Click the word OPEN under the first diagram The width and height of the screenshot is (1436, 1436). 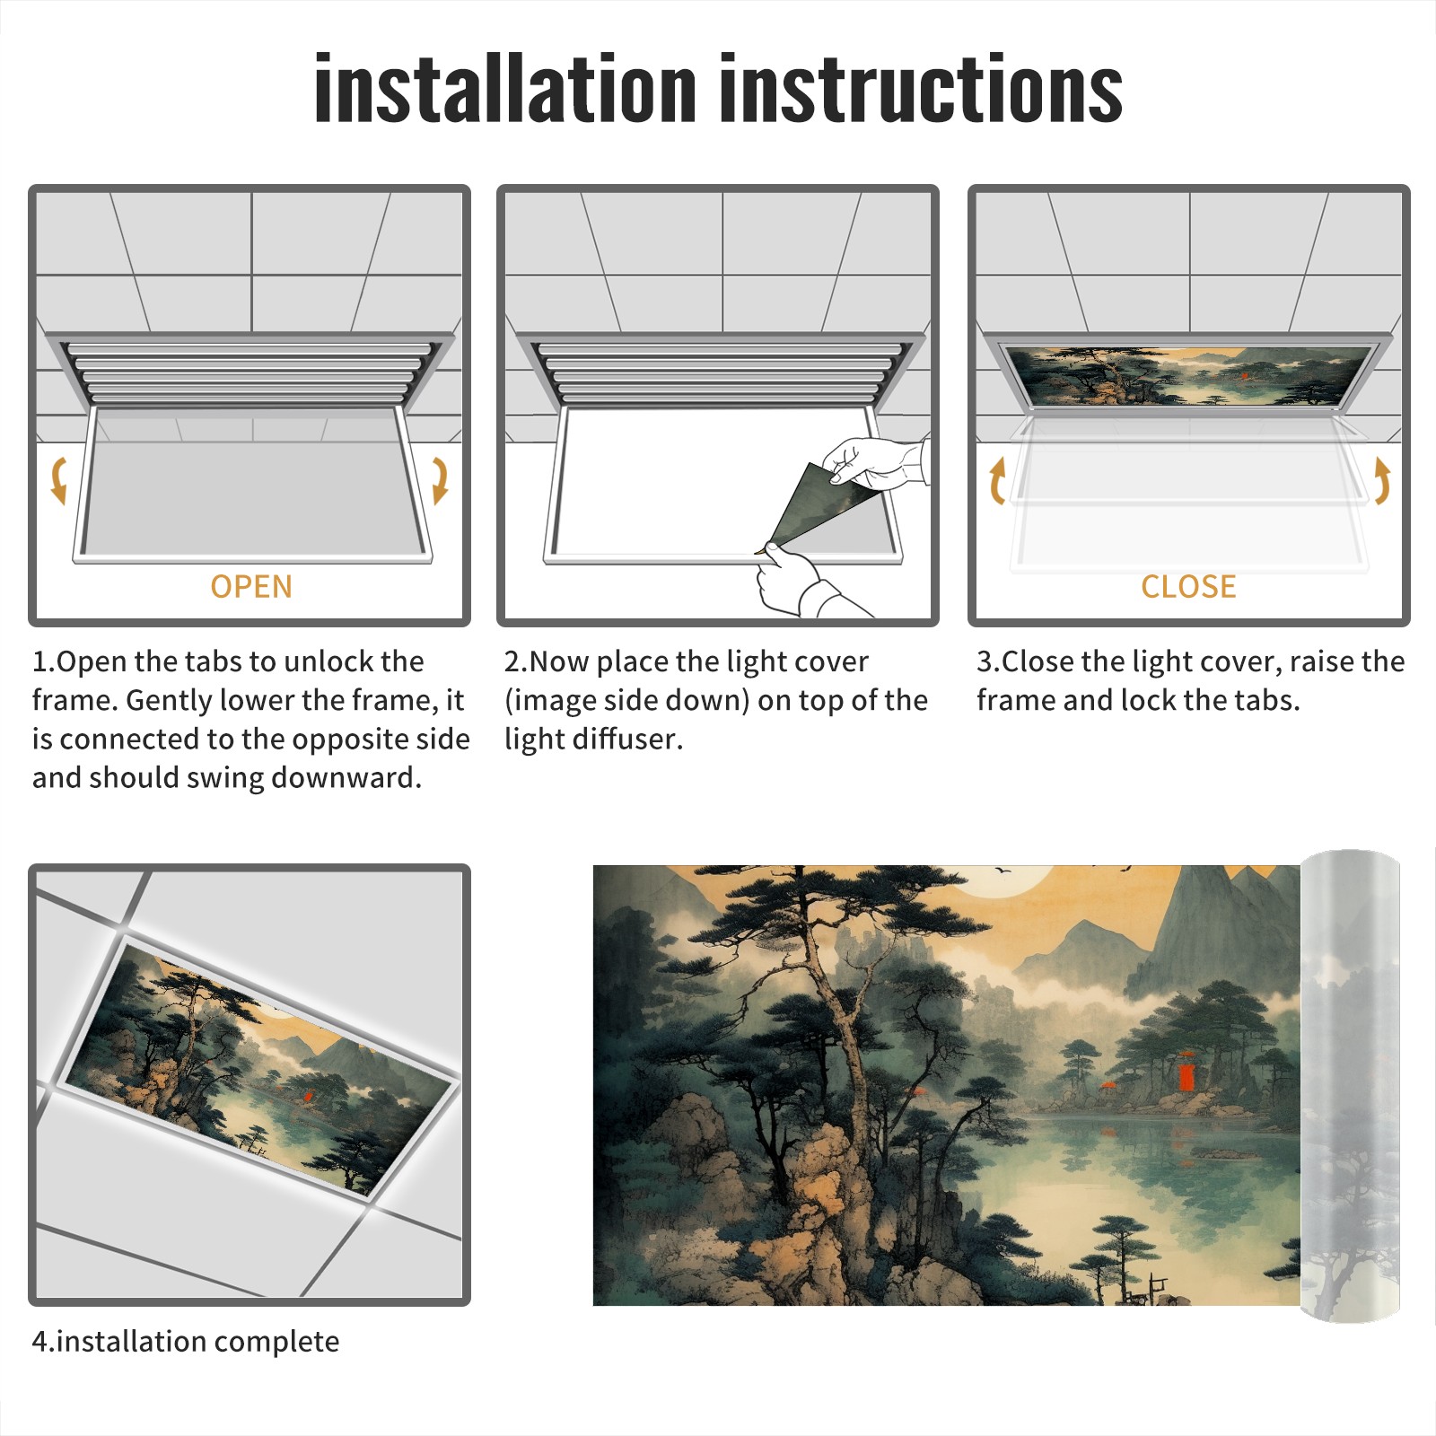coord(251,586)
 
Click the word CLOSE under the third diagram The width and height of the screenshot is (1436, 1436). coord(1188,586)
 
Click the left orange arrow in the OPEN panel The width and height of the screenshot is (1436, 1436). coord(59,480)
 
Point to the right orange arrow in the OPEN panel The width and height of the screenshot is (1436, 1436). coord(440,480)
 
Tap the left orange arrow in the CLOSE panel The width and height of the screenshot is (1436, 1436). coord(997,480)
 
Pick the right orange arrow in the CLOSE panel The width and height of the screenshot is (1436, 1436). coord(1382,480)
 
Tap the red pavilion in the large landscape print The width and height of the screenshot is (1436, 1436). coord(1186,1075)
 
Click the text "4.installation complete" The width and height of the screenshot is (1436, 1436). coord(186,1342)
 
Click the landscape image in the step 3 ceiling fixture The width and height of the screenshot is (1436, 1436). coord(1189,376)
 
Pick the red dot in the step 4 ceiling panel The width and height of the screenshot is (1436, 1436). coord(307,1096)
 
